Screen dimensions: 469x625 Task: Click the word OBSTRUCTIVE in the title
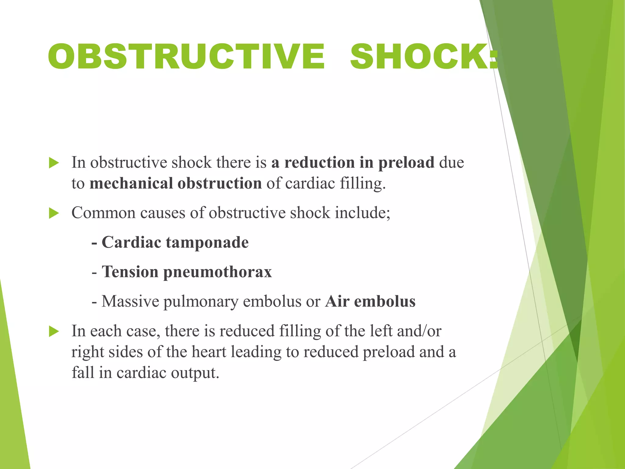click(186, 57)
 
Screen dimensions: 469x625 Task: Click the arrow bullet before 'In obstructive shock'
click(54, 163)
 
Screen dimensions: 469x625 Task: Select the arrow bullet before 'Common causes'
click(54, 213)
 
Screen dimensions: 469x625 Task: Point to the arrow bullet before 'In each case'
click(54, 331)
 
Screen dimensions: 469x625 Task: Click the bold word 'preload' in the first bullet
click(406, 163)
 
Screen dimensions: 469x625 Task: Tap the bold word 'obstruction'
click(219, 183)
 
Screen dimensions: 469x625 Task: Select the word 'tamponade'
click(207, 242)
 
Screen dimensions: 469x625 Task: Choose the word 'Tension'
click(130, 272)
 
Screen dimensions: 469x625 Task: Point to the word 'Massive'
click(130, 301)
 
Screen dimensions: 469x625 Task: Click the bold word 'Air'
click(337, 301)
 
